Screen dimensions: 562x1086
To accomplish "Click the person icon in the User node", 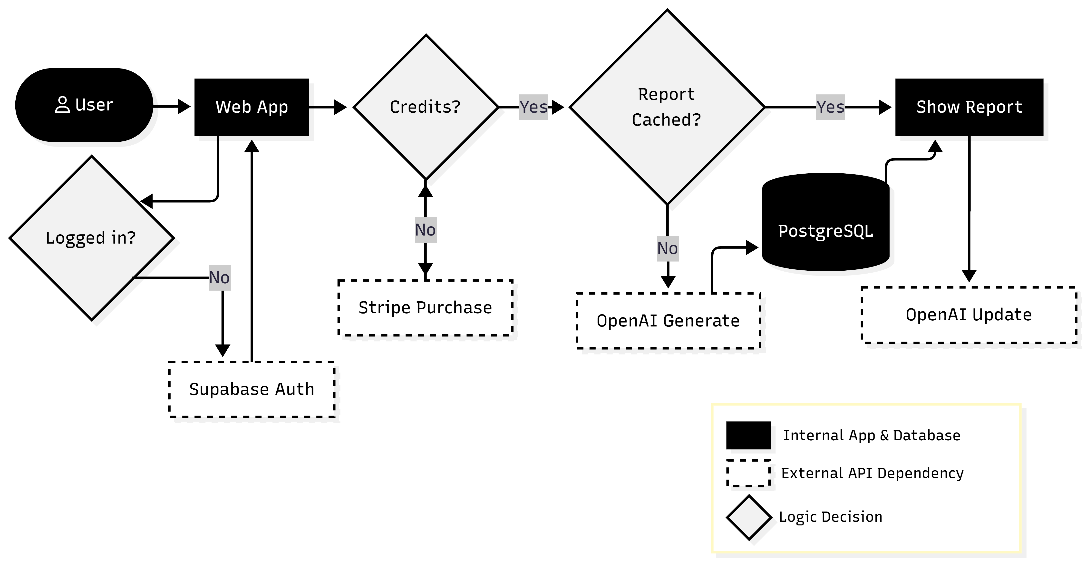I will pos(62,105).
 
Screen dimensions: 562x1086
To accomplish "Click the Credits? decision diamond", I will pos(425,107).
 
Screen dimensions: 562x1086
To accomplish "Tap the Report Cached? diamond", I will pos(667,107).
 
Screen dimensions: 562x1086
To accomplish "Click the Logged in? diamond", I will pos(91,238).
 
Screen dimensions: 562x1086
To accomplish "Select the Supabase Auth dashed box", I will pos(252,389).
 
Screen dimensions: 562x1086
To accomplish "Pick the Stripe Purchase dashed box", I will pos(425,308).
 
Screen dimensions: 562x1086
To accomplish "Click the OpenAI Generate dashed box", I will pos(668,321).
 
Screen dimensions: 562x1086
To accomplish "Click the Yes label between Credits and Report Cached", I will pos(533,107).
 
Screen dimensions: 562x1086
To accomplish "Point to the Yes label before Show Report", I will pos(830,107).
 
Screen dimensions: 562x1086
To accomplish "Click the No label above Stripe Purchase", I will pos(425,230).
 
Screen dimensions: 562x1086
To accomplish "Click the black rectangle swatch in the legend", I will pos(748,435).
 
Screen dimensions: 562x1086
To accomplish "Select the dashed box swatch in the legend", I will pos(748,473).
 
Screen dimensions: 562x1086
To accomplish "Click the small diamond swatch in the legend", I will pos(749,517).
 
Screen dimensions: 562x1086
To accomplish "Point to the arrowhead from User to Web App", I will pos(184,106).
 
